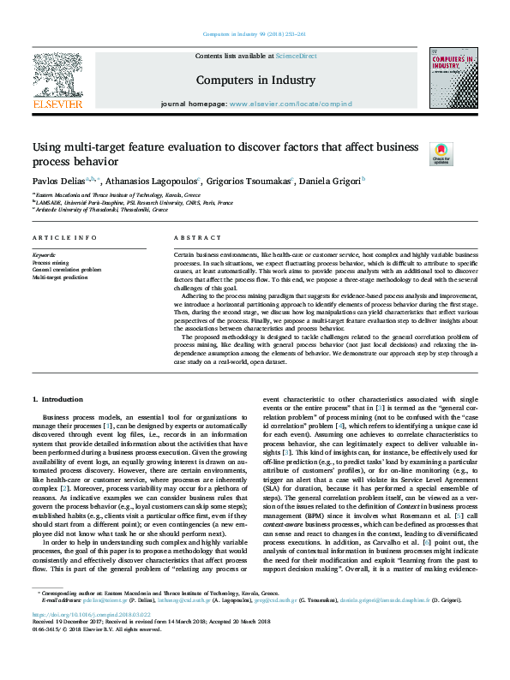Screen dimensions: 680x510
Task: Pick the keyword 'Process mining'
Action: [51, 262]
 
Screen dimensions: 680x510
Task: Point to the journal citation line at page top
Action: [255, 34]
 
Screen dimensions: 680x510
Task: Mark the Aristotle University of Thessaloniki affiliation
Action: [101, 210]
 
